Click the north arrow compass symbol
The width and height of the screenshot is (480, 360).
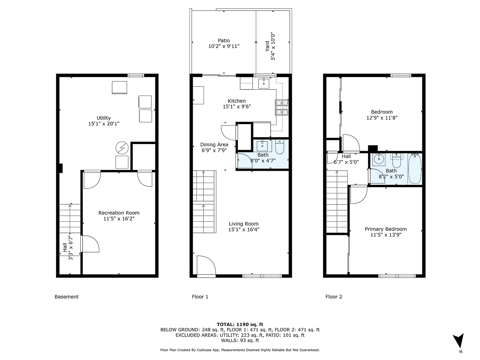[460, 341]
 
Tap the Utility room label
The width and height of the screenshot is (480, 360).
[104, 118]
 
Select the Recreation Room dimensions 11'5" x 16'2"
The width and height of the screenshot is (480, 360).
[119, 219]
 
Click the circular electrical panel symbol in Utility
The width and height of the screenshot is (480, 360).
[121, 148]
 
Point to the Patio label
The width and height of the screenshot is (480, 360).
[224, 40]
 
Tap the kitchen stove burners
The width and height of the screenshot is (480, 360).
[282, 106]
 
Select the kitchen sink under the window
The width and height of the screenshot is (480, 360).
[264, 83]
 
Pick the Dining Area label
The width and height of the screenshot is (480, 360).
[214, 144]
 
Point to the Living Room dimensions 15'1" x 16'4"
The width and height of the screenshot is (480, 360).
[244, 230]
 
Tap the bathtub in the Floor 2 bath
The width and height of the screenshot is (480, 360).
[415, 169]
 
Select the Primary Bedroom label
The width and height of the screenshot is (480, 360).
[386, 229]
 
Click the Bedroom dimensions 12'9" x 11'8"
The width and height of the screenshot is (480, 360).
[382, 118]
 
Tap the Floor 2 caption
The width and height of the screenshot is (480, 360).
[334, 297]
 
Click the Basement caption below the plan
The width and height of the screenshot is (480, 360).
[66, 297]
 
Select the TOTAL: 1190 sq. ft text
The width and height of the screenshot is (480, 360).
[240, 324]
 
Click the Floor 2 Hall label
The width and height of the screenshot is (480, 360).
[346, 156]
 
